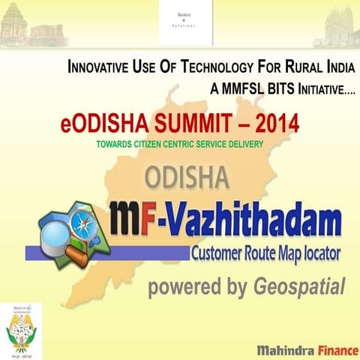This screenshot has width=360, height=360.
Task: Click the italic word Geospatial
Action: pyautogui.click(x=300, y=287)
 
